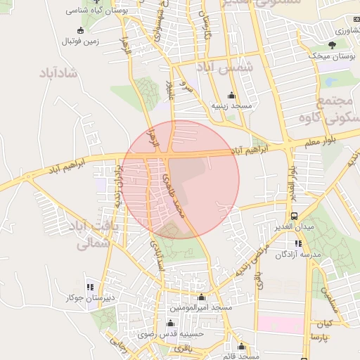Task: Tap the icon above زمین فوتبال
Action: point(80,30)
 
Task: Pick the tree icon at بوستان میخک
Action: point(333,44)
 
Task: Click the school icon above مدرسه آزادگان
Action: point(297,243)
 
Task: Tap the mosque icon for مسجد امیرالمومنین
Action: point(202,297)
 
